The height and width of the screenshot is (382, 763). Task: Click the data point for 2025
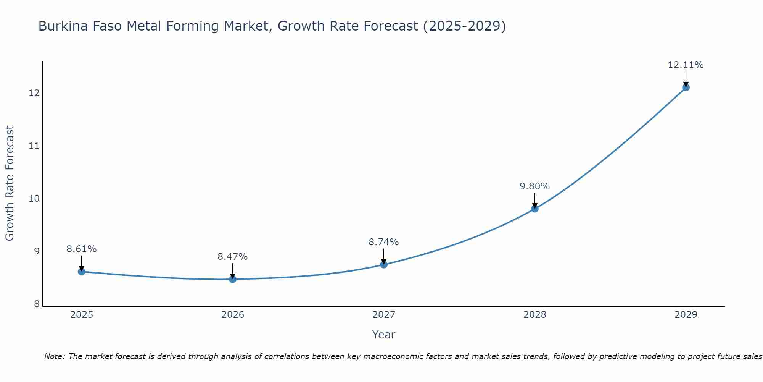(x=82, y=272)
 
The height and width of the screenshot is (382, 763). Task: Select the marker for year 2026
(x=233, y=279)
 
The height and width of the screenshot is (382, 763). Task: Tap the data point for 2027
(x=384, y=264)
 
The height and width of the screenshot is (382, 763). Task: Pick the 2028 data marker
(x=535, y=209)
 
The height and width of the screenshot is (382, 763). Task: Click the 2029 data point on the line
(x=686, y=87)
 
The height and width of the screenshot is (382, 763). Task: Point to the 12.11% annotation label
(x=686, y=65)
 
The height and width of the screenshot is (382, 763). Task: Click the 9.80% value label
(x=534, y=186)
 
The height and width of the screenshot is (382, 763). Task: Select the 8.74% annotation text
(x=383, y=242)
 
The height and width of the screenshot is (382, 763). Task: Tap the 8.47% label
(x=232, y=257)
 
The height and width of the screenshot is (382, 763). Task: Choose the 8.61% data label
(x=81, y=249)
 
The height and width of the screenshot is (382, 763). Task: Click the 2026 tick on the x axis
(x=233, y=315)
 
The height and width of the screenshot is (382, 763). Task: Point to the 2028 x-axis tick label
(x=535, y=315)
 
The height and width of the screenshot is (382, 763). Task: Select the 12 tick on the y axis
(x=34, y=93)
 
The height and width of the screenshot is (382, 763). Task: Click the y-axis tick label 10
(x=34, y=199)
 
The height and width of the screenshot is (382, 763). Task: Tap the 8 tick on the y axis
(x=37, y=304)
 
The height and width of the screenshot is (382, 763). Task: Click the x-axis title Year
(x=383, y=335)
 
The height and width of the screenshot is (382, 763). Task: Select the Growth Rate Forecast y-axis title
(x=10, y=183)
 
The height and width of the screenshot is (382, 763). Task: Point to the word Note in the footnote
(x=54, y=357)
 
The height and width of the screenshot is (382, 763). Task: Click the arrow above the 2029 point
(x=686, y=78)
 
